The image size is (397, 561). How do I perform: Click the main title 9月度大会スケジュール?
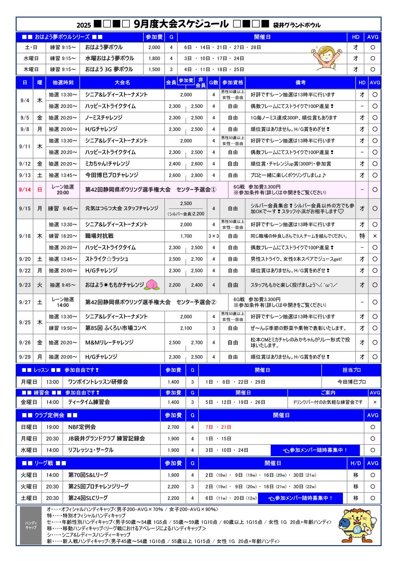(x=181, y=24)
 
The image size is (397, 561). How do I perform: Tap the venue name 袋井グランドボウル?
(x=297, y=25)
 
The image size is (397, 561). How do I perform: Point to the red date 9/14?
(x=25, y=190)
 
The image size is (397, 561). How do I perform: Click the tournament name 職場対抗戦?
(x=99, y=236)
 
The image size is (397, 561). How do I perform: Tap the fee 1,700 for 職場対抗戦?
(x=186, y=236)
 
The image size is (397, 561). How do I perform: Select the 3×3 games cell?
(x=213, y=236)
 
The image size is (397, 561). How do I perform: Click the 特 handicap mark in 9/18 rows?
(x=362, y=236)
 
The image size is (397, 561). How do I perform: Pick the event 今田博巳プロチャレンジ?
(x=111, y=175)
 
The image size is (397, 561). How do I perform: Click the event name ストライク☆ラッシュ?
(x=106, y=259)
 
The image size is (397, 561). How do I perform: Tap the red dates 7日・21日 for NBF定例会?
(x=218, y=427)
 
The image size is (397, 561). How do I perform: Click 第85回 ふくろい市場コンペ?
(x=116, y=328)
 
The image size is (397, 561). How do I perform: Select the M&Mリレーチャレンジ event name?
(x=109, y=342)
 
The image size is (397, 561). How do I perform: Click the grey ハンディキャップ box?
(x=31, y=525)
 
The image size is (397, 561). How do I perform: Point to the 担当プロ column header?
(x=351, y=370)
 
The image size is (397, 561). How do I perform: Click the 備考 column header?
(x=300, y=82)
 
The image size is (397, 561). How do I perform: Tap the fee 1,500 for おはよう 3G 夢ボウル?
(x=154, y=69)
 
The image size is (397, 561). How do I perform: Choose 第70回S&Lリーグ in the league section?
(x=88, y=475)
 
